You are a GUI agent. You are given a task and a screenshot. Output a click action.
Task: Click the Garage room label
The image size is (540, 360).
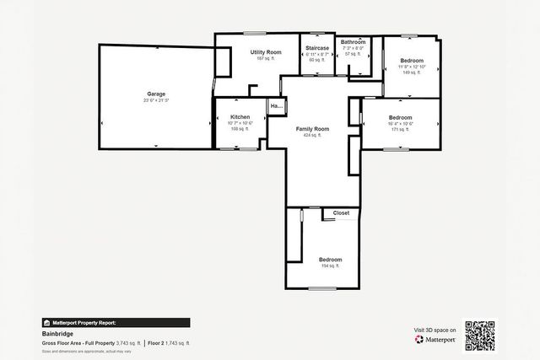[x=156, y=94]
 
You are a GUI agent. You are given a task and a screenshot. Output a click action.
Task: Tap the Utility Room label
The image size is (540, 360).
[x=266, y=52]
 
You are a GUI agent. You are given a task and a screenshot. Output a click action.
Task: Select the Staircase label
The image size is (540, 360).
[x=317, y=48]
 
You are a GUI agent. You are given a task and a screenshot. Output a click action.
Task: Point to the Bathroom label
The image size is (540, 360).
[x=353, y=42]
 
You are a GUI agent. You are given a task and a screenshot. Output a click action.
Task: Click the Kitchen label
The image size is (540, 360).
[x=240, y=116]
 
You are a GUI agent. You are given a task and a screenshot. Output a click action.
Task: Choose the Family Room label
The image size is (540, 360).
[x=312, y=128]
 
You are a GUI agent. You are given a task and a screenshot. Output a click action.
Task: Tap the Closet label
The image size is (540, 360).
[x=341, y=213]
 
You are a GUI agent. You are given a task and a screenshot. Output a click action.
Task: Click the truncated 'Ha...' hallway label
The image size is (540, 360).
[x=276, y=106]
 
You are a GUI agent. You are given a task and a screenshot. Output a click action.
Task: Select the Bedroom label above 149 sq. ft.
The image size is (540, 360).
[x=412, y=60]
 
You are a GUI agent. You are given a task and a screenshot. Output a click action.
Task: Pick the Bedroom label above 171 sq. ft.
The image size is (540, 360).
[x=400, y=117]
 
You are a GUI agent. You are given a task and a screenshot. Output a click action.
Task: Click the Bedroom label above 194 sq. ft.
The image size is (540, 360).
[x=330, y=259]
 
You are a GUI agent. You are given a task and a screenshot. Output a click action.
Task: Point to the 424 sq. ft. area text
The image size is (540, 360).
[x=312, y=135]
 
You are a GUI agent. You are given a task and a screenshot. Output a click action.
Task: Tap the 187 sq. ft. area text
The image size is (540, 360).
[x=266, y=59]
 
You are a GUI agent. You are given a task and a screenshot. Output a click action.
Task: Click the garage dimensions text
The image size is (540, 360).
[x=156, y=100]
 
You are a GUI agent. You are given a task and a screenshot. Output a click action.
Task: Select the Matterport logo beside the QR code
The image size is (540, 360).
[x=435, y=339]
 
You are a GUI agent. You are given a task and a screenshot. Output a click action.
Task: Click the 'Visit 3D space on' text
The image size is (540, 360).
[x=435, y=330]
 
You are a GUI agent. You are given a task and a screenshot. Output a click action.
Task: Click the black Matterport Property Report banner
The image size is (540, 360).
[x=116, y=322]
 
